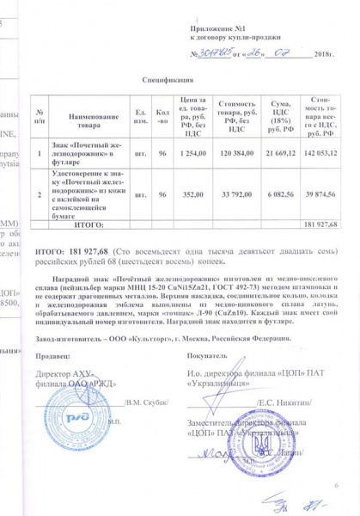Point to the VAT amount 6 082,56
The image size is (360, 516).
coord(281,194)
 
